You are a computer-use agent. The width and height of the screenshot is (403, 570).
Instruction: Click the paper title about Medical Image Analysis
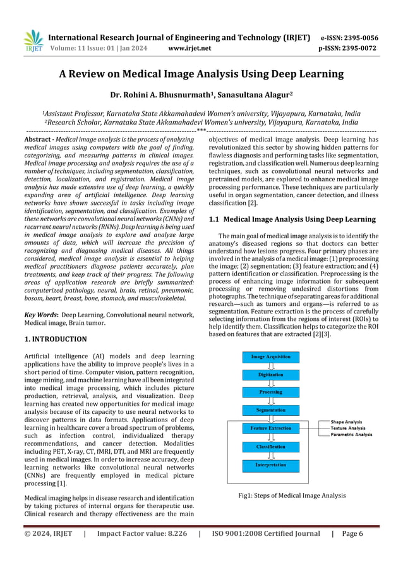(x=201, y=75)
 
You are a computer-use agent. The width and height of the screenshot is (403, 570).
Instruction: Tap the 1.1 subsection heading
(x=292, y=219)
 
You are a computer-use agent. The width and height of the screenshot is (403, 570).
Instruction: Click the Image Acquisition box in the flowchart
(x=271, y=356)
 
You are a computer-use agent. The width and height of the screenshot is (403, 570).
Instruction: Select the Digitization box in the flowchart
(x=271, y=375)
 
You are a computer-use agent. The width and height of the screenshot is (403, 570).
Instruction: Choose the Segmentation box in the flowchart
(x=271, y=410)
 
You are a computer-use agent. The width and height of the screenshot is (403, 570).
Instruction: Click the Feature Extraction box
(x=271, y=428)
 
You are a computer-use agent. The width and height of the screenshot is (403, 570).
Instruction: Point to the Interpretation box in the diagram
(x=271, y=464)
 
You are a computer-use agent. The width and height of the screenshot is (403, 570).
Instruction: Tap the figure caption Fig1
(x=292, y=495)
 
